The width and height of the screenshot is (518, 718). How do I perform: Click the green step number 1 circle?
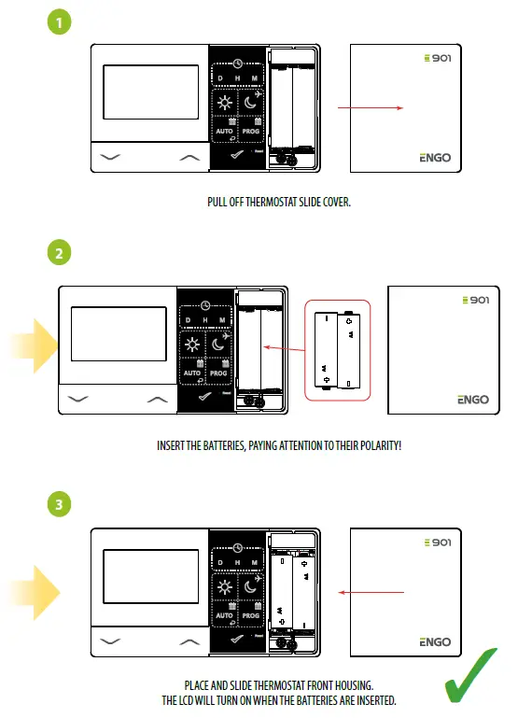[x=59, y=21]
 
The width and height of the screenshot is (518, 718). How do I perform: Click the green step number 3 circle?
[x=59, y=505]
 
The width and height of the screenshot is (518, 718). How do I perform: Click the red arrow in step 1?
[x=370, y=108]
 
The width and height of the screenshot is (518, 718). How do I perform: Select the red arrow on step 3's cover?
[x=371, y=592]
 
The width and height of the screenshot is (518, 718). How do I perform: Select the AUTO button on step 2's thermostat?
[x=192, y=372]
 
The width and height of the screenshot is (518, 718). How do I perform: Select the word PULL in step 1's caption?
[x=216, y=202]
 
